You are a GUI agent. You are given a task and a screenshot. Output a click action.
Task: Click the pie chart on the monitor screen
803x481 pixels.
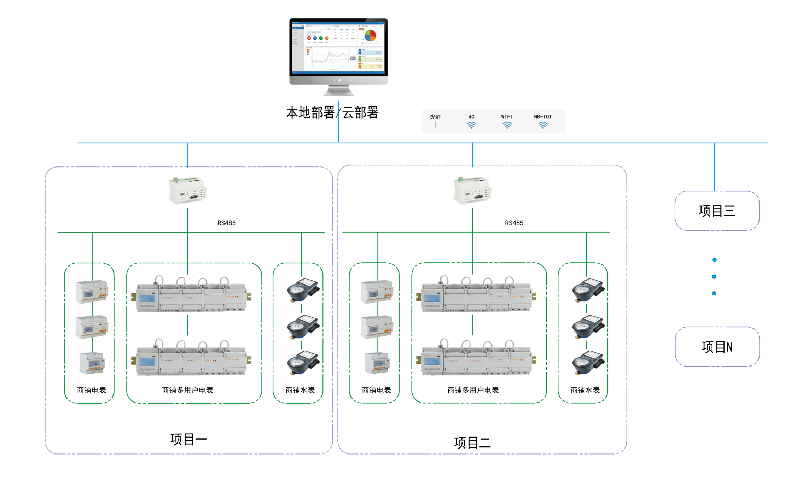[370, 35]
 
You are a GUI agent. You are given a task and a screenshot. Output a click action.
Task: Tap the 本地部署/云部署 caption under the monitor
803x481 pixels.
[332, 113]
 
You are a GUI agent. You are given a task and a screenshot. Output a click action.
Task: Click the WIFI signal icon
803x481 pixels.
[507, 125]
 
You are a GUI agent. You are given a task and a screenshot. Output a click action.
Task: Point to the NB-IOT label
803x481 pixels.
[542, 117]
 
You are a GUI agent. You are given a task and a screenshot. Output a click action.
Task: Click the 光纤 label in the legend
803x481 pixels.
[435, 117]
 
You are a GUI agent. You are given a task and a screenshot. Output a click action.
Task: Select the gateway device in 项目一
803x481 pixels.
[188, 190]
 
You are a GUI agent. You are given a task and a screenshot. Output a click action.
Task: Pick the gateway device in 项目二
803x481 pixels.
[472, 190]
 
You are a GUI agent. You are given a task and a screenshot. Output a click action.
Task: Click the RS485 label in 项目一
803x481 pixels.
[226, 223]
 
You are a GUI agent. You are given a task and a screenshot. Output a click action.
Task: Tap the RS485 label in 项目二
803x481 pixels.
[514, 223]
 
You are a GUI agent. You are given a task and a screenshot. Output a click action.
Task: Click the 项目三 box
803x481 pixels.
[717, 211]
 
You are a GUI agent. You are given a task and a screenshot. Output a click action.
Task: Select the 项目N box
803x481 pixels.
[717, 347]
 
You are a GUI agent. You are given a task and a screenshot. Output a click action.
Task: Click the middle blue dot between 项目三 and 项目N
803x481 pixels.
[714, 276]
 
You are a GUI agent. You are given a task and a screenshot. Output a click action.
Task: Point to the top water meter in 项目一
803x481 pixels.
[303, 290]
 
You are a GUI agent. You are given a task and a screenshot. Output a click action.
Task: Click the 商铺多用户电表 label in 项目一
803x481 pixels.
[188, 390]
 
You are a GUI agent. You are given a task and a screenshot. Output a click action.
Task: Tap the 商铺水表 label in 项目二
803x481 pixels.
[585, 390]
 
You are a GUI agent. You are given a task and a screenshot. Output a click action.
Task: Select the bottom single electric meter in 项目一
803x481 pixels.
[92, 363]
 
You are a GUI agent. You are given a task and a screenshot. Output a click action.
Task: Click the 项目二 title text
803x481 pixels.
[472, 443]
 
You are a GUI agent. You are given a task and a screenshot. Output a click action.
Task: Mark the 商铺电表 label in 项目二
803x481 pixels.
[376, 390]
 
